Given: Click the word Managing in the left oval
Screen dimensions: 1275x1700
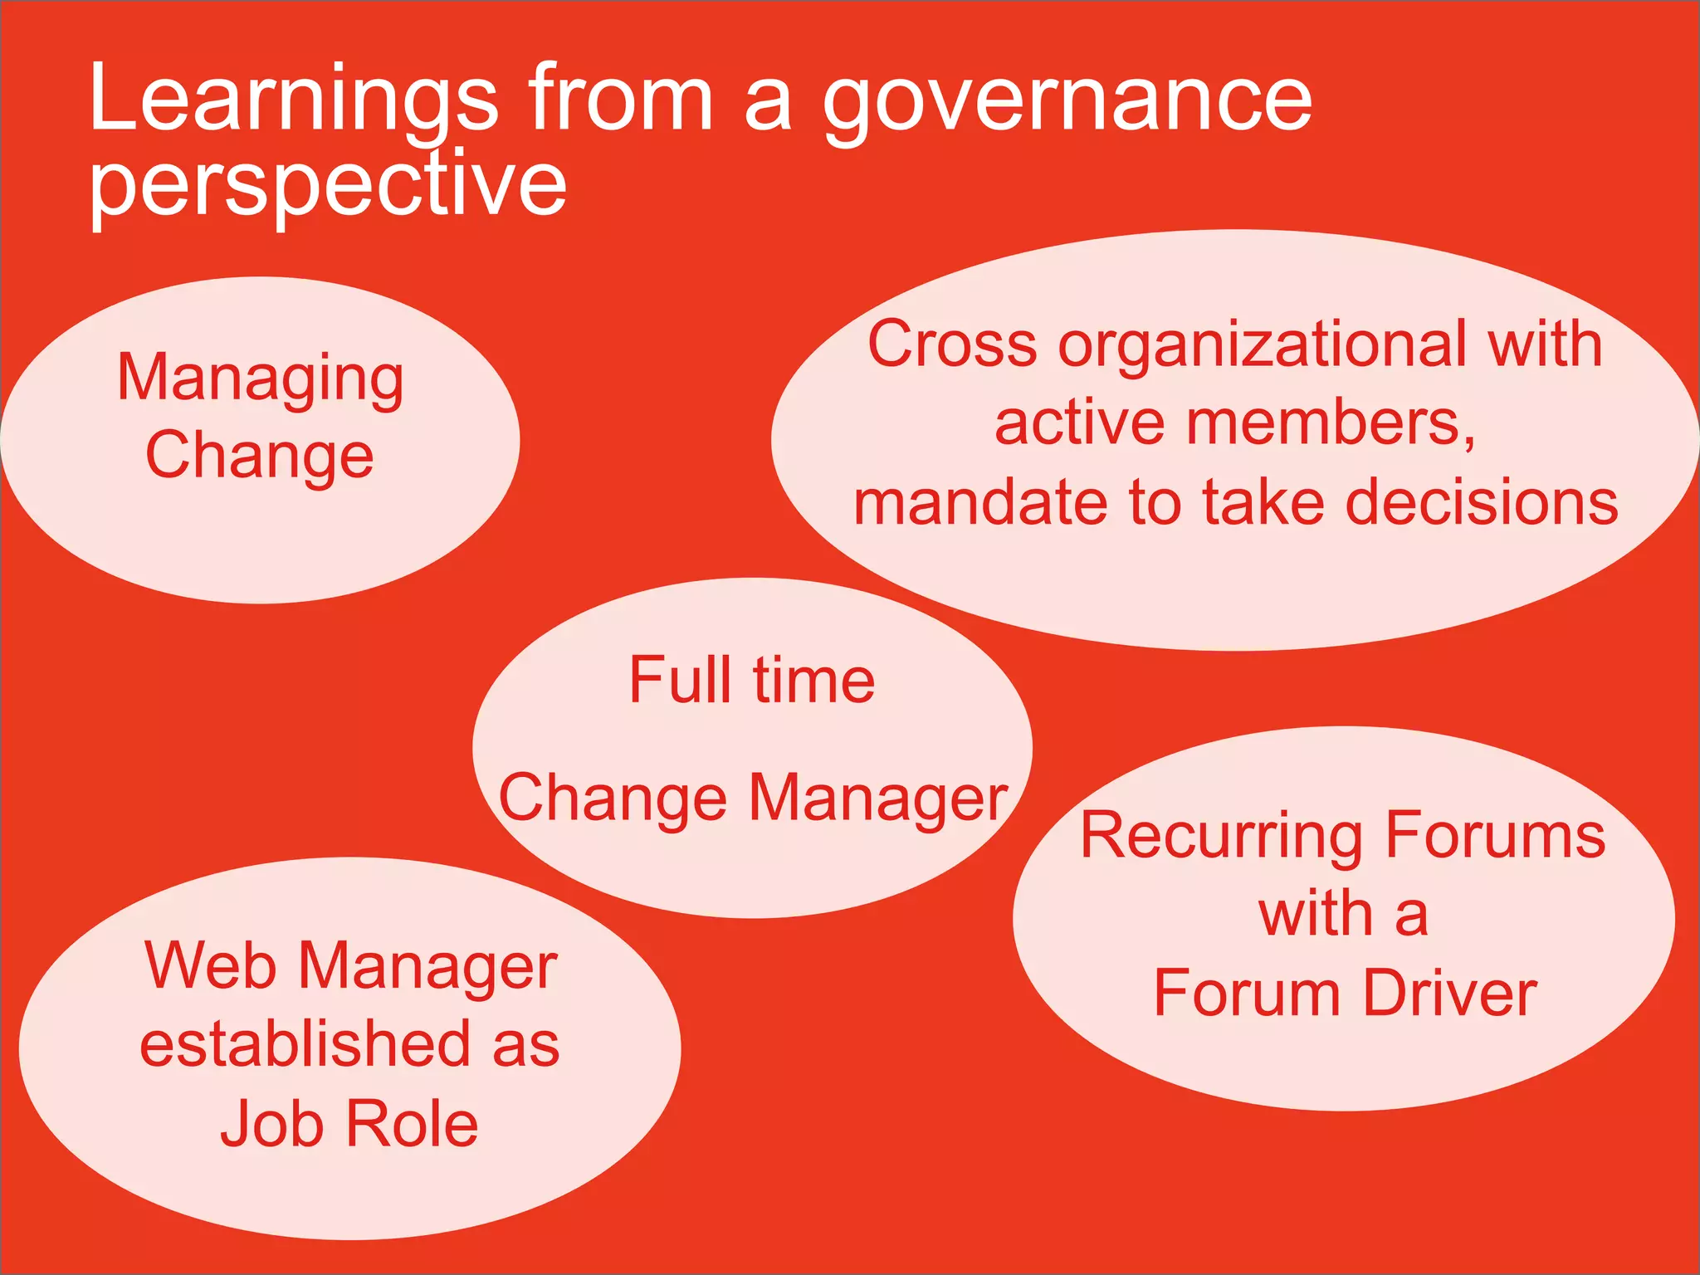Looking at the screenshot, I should coord(261,379).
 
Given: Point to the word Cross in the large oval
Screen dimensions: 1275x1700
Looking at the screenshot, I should coord(952,344).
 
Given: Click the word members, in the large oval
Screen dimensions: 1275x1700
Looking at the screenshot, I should coord(1331,423).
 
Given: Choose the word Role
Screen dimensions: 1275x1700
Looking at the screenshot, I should coord(412,1124).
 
